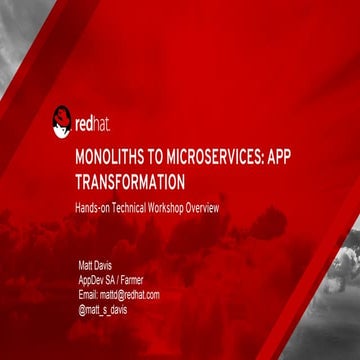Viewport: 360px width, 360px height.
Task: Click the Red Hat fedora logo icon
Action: click(63, 122)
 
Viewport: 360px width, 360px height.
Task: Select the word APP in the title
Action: click(275, 160)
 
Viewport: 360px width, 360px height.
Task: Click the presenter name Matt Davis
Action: click(96, 266)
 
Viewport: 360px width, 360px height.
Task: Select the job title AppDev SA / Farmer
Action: click(110, 280)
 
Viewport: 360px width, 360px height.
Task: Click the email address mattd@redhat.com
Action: click(118, 294)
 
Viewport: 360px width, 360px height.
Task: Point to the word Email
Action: click(88, 294)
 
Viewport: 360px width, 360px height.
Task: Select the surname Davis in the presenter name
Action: click(105, 266)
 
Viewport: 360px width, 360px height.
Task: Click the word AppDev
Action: click(91, 280)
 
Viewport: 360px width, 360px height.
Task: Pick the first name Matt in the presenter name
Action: click(85, 266)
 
